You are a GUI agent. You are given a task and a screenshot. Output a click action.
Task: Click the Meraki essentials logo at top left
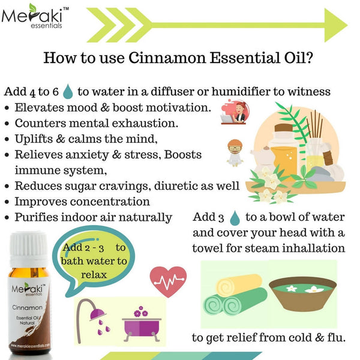tap(35, 17)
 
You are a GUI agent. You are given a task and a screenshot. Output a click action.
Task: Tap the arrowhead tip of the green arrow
tap(347, 25)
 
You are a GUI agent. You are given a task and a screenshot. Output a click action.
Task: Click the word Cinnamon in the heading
tap(167, 58)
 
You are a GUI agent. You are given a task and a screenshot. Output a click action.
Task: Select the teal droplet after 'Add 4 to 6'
tap(68, 91)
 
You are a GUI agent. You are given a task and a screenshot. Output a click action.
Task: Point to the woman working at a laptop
tap(235, 113)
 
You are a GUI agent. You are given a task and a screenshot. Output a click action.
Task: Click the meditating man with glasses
tap(235, 152)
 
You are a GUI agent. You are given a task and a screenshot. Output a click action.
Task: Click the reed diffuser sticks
tap(315, 124)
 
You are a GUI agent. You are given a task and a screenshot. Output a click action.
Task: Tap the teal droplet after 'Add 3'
tap(235, 218)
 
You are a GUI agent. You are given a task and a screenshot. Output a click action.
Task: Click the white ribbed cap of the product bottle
tap(29, 248)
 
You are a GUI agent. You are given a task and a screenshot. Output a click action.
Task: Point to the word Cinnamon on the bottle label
tap(28, 307)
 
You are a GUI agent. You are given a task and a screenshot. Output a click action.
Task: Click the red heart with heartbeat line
tap(168, 281)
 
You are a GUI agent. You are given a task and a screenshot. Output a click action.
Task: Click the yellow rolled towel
tap(239, 285)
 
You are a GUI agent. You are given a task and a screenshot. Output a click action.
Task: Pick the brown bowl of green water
tap(303, 293)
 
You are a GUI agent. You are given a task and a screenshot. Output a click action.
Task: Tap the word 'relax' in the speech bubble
tap(94, 275)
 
